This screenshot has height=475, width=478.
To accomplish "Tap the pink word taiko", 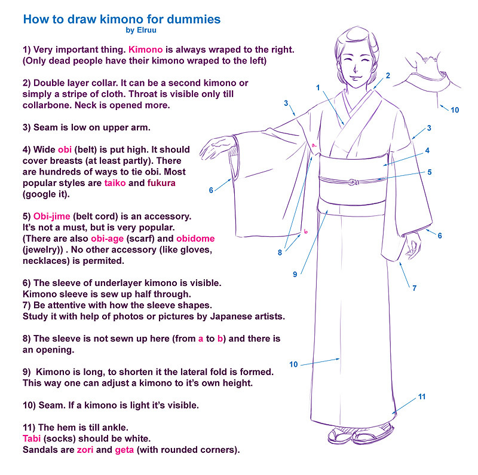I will tap(115, 183).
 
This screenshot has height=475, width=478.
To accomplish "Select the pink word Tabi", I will tap(32, 439).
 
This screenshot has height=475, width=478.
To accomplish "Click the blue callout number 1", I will tap(318, 87).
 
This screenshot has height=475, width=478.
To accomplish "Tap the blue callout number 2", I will tap(388, 75).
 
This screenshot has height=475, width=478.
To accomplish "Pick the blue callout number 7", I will tap(414, 288).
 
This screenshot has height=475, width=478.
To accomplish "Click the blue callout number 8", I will tap(280, 252).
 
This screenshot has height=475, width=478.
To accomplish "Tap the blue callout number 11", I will tap(422, 397).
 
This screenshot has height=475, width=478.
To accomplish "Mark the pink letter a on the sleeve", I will tap(314, 146).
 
